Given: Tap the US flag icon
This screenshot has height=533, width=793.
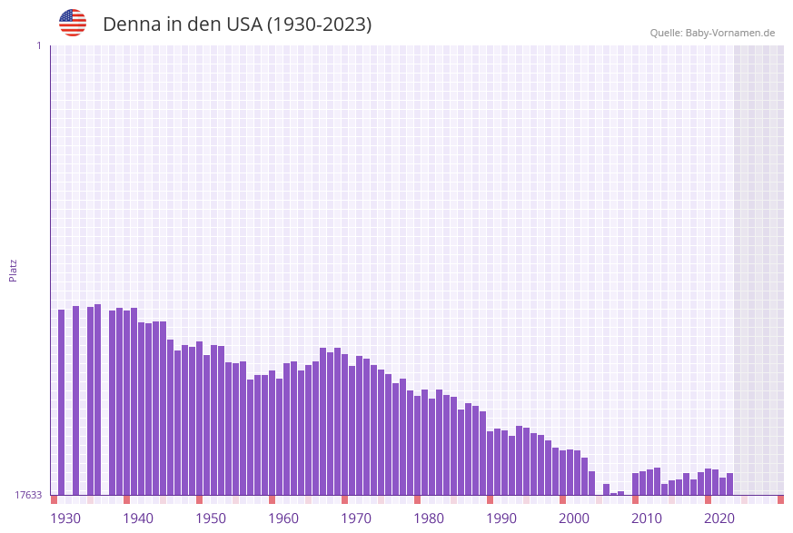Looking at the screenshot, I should click(73, 23).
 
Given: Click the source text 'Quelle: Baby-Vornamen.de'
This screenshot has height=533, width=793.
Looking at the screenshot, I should click(712, 33).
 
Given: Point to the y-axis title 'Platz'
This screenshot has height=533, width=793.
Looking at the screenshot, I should click(14, 270).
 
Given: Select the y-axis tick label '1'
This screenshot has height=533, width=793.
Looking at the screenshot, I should click(38, 45).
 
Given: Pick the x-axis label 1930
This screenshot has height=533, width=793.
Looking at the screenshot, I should click(65, 518).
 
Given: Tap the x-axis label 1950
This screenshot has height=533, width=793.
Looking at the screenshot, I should click(211, 518).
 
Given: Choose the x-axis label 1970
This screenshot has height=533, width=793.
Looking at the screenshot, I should click(356, 518).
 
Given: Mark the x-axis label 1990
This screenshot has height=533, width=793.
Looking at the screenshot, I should click(501, 518).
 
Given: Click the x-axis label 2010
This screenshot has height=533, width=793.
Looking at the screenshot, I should click(647, 518).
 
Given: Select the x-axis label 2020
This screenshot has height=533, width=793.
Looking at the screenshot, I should click(719, 518).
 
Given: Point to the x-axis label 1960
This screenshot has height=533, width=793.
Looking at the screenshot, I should click(283, 518).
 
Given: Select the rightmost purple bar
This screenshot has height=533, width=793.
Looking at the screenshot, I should click(729, 484).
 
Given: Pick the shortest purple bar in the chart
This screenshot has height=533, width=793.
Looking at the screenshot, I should click(614, 494).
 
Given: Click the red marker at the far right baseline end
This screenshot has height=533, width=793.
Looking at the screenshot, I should click(780, 499).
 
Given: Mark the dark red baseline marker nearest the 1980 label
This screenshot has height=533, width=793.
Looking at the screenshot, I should click(417, 499).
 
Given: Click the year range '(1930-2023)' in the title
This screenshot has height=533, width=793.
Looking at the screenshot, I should click(318, 25).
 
